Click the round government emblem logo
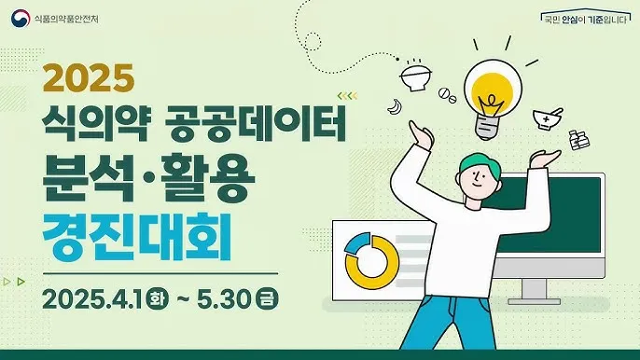(19, 19)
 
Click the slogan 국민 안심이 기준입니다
(586, 19)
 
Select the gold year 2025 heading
(96, 79)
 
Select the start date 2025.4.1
(91, 300)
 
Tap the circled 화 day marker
(158, 300)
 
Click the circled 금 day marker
(270, 300)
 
